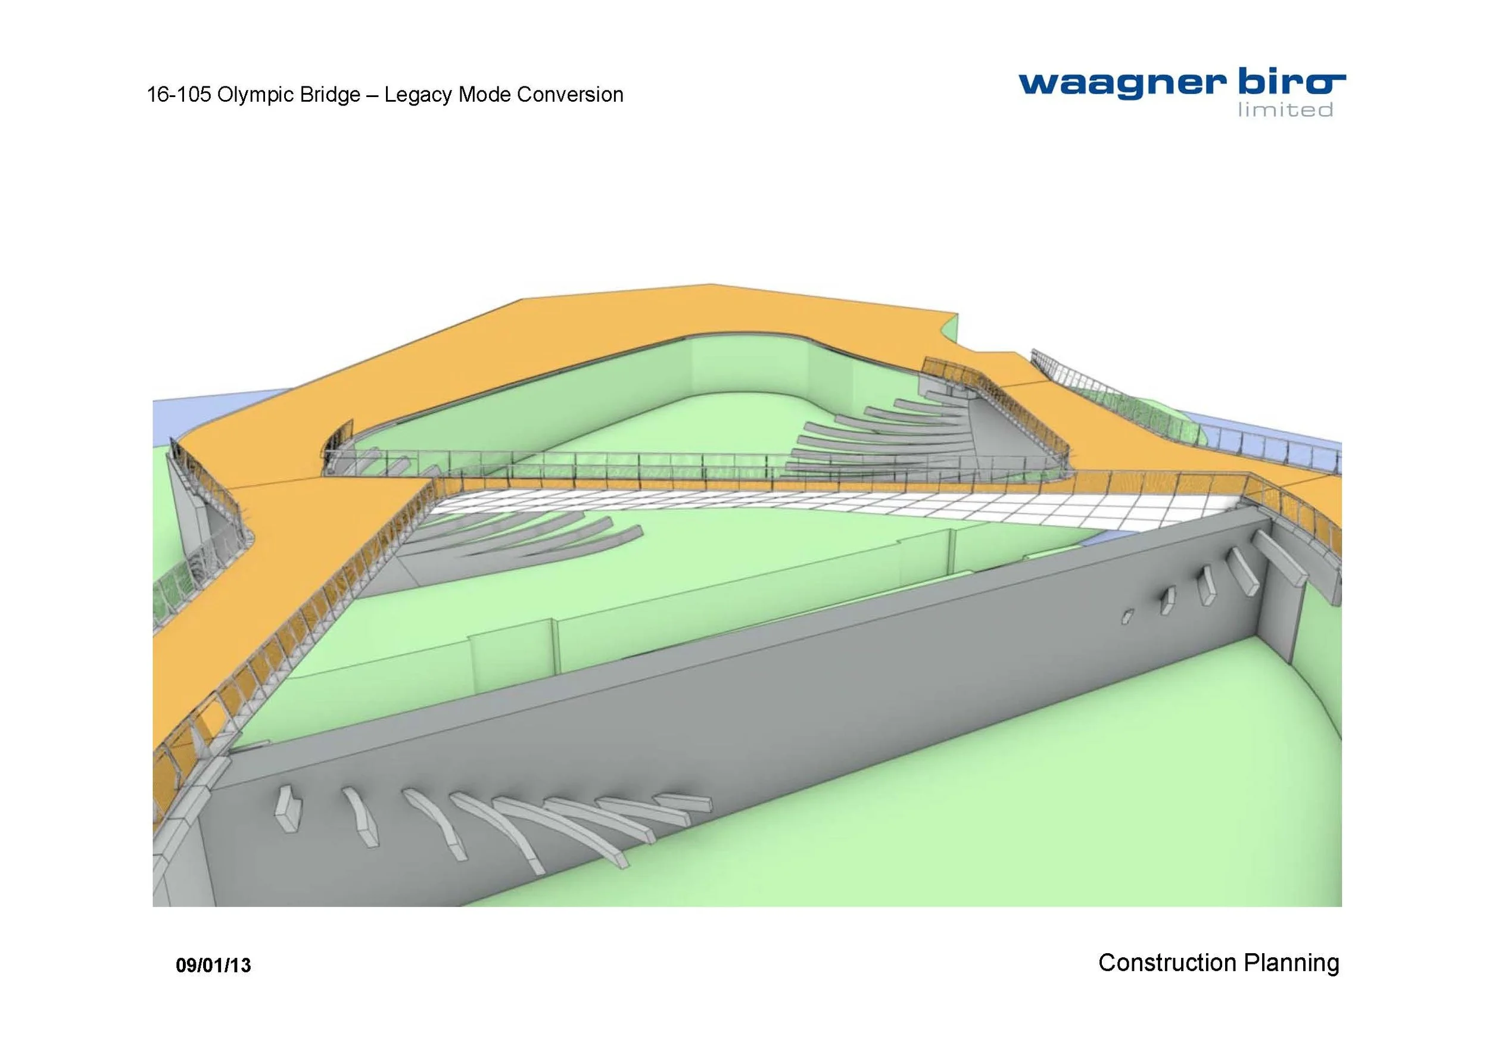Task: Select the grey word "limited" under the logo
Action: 1285,110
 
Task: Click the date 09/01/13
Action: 213,966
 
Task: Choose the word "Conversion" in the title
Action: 570,95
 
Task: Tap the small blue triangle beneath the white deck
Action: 1096,538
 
